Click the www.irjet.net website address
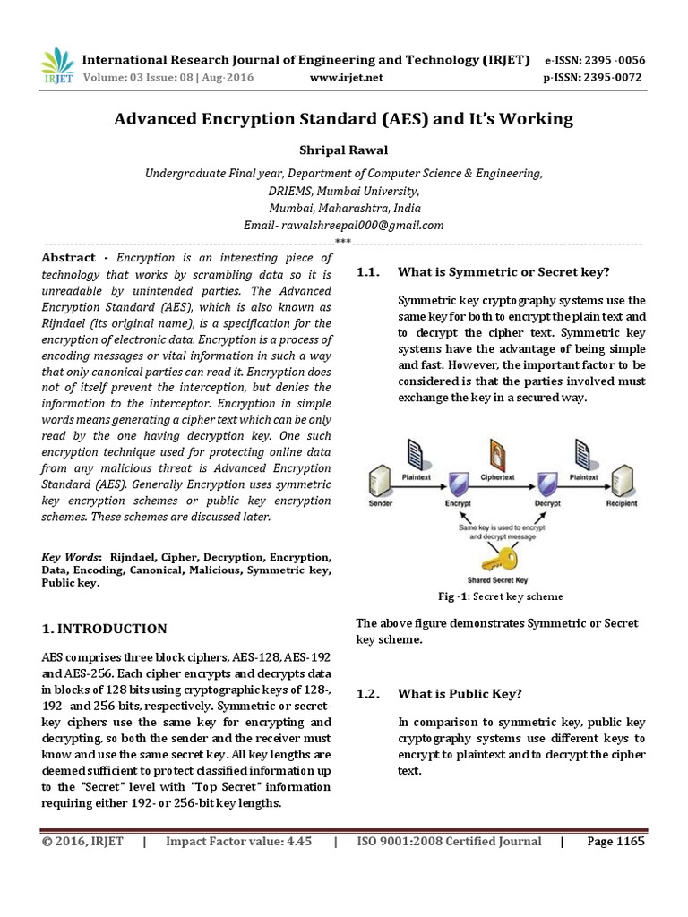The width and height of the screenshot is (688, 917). point(346,78)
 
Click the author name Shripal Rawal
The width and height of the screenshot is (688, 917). point(343,150)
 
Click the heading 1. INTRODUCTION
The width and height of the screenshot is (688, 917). point(105,629)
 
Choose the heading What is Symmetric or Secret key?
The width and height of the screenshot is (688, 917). point(503,271)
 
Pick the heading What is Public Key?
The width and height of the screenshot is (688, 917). point(460,693)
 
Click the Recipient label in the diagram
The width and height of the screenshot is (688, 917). point(621,504)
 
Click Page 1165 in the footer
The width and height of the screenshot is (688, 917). point(615,841)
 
